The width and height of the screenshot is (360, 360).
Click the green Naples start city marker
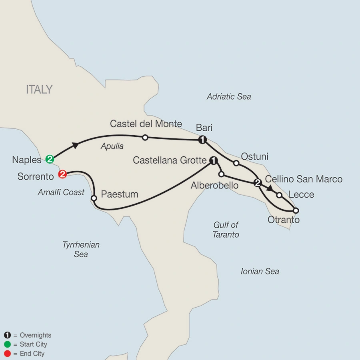click(x=50, y=159)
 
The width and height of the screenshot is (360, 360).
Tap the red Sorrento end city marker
click(x=62, y=174)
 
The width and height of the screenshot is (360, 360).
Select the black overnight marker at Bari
click(x=203, y=140)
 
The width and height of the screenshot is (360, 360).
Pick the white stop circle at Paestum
click(x=94, y=198)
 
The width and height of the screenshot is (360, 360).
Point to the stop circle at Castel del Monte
click(x=145, y=138)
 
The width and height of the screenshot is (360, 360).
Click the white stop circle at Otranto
click(x=296, y=210)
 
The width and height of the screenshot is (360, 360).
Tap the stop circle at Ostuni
click(x=236, y=163)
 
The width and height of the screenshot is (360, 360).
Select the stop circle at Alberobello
click(x=221, y=174)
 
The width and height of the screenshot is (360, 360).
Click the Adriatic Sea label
click(x=229, y=96)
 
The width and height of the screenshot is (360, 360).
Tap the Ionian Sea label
click(x=260, y=272)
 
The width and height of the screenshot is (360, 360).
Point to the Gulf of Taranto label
click(x=226, y=230)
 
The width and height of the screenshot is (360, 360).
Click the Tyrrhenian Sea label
click(x=81, y=249)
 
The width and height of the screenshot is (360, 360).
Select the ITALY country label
click(x=39, y=89)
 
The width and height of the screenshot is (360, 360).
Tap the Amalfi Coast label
click(x=61, y=192)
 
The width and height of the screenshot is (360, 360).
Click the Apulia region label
click(x=112, y=146)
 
